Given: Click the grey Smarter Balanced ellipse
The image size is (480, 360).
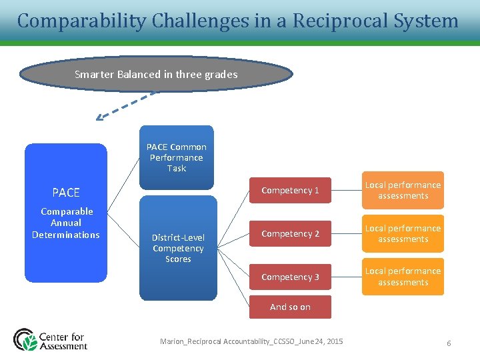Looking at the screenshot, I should pos(156,75).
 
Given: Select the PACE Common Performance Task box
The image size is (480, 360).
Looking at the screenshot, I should pos(177,157).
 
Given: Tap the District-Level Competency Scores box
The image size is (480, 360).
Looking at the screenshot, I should pos(178,248).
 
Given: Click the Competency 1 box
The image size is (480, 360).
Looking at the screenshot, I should pos(290,191).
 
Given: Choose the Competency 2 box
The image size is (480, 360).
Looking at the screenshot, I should pos(290,234).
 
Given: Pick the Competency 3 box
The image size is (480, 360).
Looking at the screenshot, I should pos(290,277).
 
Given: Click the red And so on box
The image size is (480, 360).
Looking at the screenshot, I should pos(290,307).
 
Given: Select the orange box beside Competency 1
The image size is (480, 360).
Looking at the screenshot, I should pos(403,191).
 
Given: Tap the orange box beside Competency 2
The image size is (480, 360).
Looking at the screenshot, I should pos(403,234).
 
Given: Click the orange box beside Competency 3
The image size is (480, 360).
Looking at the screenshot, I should pos(403,277).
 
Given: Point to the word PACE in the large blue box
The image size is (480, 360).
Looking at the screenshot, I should pos(66,193).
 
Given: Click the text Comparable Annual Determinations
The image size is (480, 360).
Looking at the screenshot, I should pos(66,223).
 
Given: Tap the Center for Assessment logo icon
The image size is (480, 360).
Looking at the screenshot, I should pos(25,339).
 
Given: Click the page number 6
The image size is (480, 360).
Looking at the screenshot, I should pos(449,343).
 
